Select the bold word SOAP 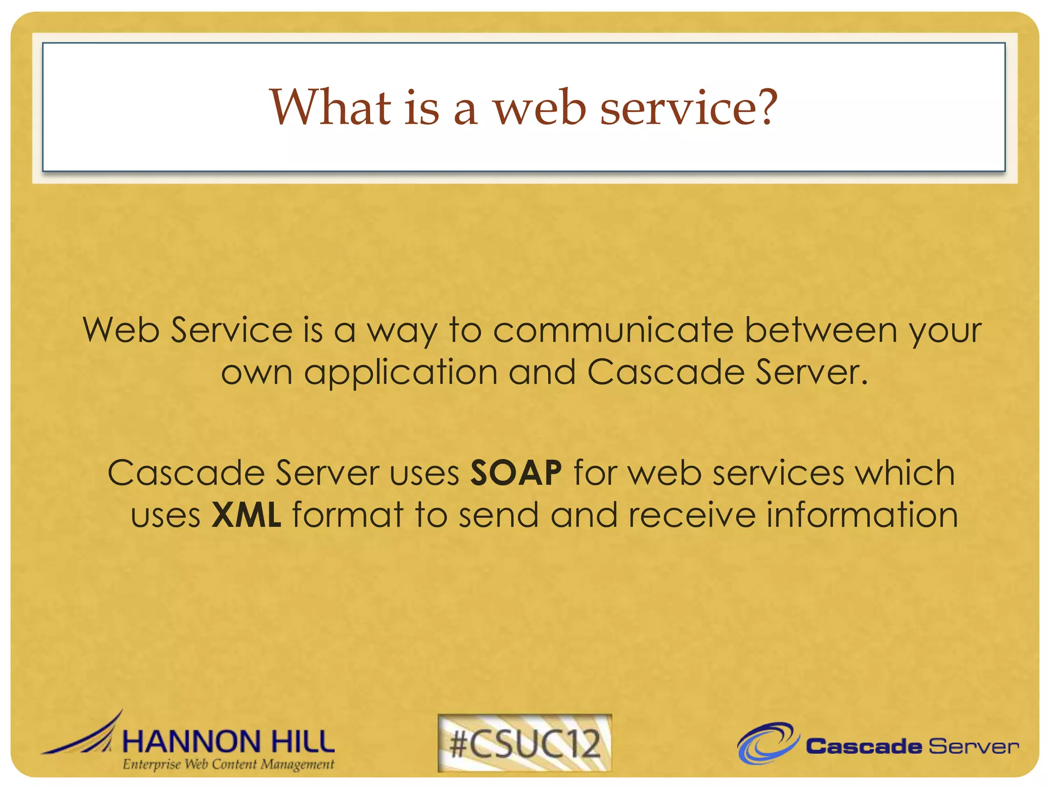pos(516,472)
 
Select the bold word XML pos(246,515)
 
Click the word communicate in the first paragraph pos(613,330)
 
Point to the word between pos(820,330)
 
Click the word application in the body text pos(400,372)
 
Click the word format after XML pos(348,515)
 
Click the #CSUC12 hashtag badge pos(524,743)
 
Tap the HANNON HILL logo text pos(228,742)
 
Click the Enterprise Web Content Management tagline pos(228,764)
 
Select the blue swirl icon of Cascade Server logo pos(768,743)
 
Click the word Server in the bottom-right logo pos(973,746)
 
